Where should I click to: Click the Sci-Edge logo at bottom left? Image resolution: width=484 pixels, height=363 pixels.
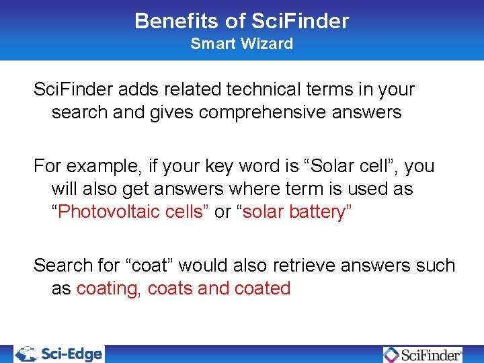click(x=60, y=354)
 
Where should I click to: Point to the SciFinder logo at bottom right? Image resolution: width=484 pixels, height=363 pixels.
click(x=423, y=354)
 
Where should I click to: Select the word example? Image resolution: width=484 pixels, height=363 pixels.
click(x=96, y=166)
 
